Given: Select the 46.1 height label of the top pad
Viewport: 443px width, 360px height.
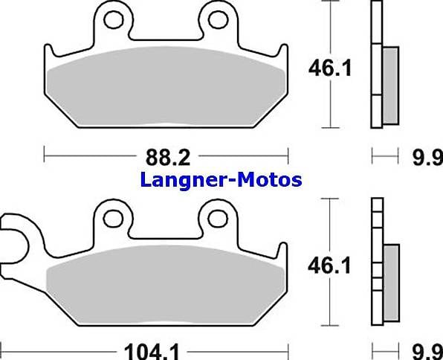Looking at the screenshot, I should pyautogui.click(x=330, y=69).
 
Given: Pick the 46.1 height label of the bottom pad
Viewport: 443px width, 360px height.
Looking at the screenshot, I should pyautogui.click(x=330, y=265).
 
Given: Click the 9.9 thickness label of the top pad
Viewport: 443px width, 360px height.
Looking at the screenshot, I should pyautogui.click(x=427, y=157).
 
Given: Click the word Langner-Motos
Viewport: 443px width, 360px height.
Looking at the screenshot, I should pyautogui.click(x=221, y=179).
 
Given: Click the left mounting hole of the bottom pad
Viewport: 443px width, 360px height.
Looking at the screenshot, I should pyautogui.click(x=113, y=217).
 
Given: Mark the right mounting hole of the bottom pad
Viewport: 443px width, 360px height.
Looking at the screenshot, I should pyautogui.click(x=218, y=217).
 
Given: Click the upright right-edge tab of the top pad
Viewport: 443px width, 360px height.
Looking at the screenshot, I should pyautogui.click(x=283, y=55).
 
